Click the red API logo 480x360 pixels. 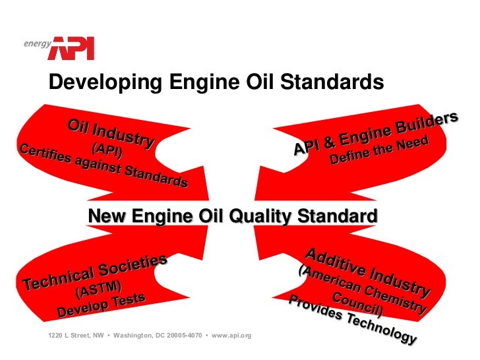[73, 48]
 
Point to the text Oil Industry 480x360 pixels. [111, 133]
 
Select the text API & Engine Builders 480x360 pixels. [375, 133]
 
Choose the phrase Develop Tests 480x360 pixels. [101, 304]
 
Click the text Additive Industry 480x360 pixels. [367, 272]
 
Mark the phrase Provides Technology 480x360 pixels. [352, 318]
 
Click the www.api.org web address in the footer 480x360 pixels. [231, 336]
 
